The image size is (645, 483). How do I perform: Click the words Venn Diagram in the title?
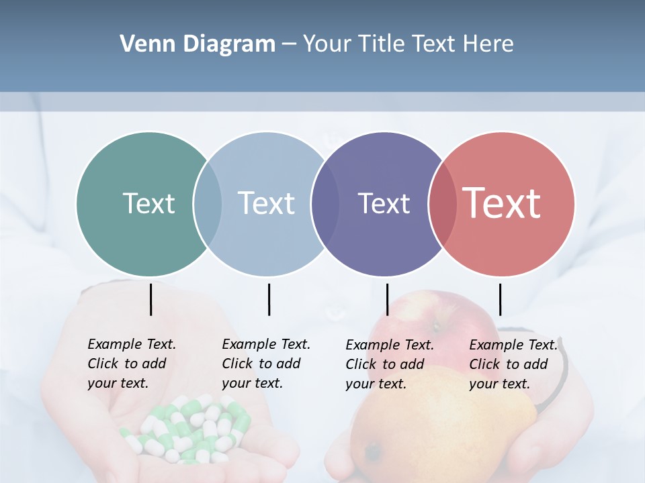[x=197, y=44]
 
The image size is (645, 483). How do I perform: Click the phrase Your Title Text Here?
[x=408, y=44]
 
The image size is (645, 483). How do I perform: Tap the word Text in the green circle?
[x=148, y=203]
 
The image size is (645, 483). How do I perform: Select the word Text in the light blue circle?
[x=266, y=203]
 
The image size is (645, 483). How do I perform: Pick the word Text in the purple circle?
[x=384, y=203]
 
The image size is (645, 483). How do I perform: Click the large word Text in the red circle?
[x=502, y=203]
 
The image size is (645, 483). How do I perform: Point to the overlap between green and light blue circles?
[x=208, y=203]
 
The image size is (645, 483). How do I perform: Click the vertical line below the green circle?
[x=150, y=299]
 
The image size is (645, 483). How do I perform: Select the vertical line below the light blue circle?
[x=269, y=299]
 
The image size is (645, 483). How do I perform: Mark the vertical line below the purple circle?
[x=387, y=299]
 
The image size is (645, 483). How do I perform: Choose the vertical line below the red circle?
[x=500, y=299]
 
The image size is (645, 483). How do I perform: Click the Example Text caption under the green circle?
[x=131, y=364]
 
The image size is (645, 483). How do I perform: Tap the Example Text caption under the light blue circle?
[x=265, y=364]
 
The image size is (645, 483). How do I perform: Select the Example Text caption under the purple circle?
[x=389, y=364]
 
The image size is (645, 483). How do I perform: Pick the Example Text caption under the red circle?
[x=513, y=364]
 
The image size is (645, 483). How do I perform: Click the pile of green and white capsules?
[x=191, y=429]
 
